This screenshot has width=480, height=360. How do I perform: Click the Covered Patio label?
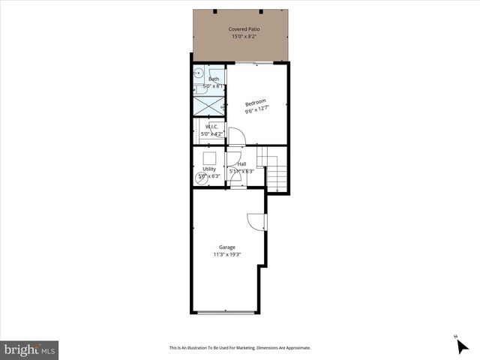tap(240, 28)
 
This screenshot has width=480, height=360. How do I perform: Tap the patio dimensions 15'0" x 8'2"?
tap(240, 36)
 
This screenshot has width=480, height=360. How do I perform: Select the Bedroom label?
tap(256, 103)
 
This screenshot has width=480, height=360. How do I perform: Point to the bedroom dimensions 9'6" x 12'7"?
tap(256, 111)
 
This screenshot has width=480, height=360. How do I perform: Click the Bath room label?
tap(214, 79)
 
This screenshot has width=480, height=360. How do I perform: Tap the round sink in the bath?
tap(199, 73)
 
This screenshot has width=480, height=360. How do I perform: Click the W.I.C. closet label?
tap(211, 127)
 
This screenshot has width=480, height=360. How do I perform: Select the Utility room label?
tap(209, 169)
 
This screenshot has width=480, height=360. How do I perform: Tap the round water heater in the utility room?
tap(201, 178)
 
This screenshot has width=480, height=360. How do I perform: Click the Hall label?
tap(241, 164)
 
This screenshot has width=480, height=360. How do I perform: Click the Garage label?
tap(227, 247)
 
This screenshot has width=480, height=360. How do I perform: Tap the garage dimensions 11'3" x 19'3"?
tap(227, 254)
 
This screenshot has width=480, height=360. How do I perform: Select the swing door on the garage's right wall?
tap(256, 221)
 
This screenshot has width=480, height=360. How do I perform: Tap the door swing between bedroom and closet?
tap(235, 136)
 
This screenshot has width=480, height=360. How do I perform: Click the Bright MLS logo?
tap(29, 349)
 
